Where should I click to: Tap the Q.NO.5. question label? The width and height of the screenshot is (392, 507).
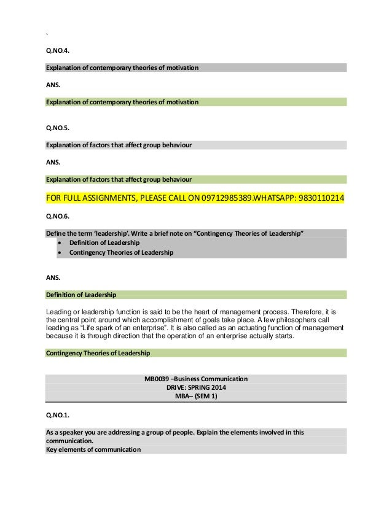click(x=57, y=129)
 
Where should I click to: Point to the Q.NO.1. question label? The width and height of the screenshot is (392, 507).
click(x=57, y=414)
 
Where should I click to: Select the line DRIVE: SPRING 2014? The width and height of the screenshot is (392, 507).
click(x=196, y=388)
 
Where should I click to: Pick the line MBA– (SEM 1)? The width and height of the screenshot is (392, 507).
click(x=196, y=397)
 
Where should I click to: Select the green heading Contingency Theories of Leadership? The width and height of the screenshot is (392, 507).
click(x=98, y=354)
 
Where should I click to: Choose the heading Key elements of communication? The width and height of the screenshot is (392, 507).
click(x=93, y=449)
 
